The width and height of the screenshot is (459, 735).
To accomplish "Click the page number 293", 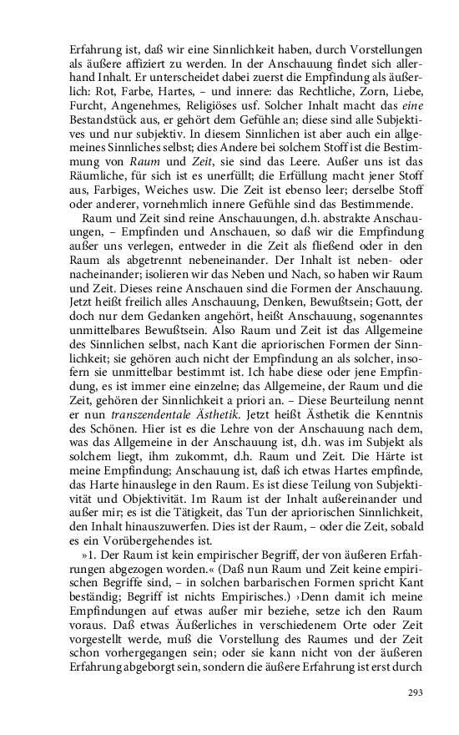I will pos(415,692).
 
